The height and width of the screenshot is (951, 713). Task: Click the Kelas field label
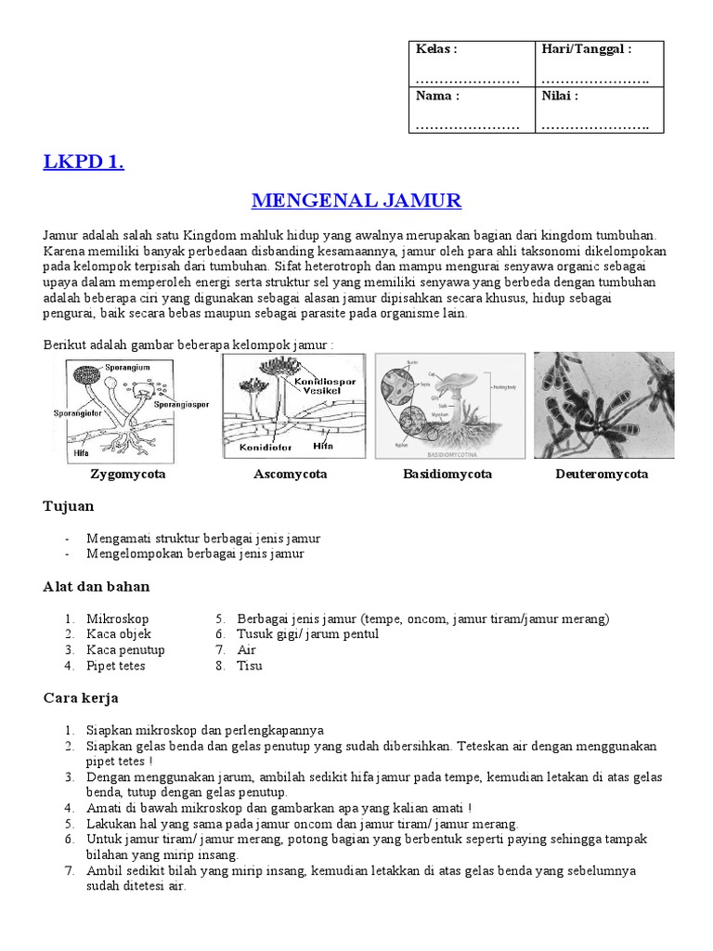(435, 49)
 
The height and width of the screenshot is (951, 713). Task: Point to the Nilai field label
(560, 96)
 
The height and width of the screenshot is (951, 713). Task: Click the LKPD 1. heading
(84, 163)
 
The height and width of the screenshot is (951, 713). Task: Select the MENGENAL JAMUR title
(356, 201)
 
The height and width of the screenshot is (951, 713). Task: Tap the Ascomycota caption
(290, 475)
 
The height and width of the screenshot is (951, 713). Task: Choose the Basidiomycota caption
(447, 475)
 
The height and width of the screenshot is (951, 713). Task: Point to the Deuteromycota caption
(601, 475)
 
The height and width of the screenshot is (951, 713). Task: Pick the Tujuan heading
(69, 507)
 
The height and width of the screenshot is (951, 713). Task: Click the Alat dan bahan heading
(97, 587)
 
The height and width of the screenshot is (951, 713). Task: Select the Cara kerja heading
(81, 697)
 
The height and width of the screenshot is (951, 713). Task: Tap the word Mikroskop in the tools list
(117, 619)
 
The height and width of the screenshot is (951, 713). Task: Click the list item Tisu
(250, 666)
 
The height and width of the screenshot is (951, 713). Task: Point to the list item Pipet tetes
(115, 666)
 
